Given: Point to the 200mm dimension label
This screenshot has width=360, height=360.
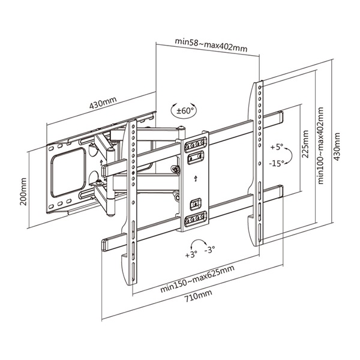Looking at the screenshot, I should coord(23,191).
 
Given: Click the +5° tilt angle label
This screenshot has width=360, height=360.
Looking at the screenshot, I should coord(277,146).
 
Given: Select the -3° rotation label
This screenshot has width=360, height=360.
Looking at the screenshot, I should coord(209,249).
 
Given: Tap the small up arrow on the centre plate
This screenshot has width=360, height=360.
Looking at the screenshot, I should coord(196,178).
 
